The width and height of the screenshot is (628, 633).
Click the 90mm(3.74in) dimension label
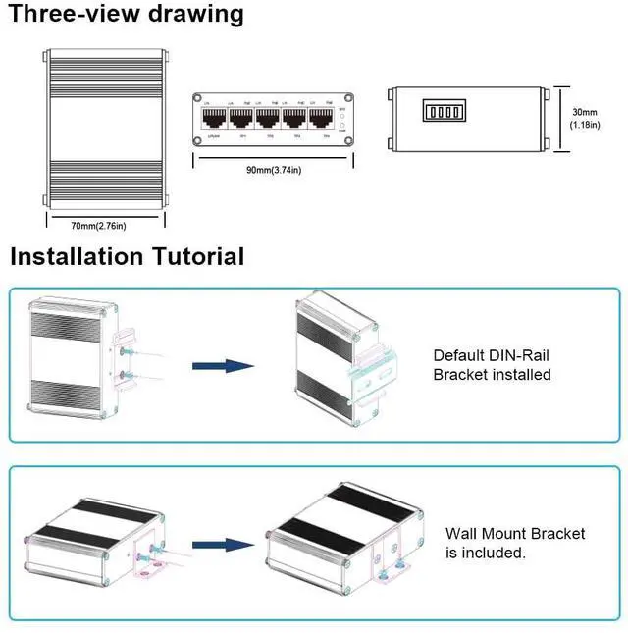(273, 169)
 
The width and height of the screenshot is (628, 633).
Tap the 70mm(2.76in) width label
(98, 227)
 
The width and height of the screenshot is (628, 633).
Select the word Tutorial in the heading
(193, 257)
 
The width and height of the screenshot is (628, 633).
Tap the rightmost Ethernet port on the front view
(321, 120)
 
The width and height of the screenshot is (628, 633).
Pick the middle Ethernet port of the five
(267, 120)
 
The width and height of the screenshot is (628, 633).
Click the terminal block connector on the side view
(442, 111)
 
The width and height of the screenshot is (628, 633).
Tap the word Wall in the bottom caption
(462, 534)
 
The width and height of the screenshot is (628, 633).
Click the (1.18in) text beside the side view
(584, 125)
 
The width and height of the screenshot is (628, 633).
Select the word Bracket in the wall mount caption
(557, 534)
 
